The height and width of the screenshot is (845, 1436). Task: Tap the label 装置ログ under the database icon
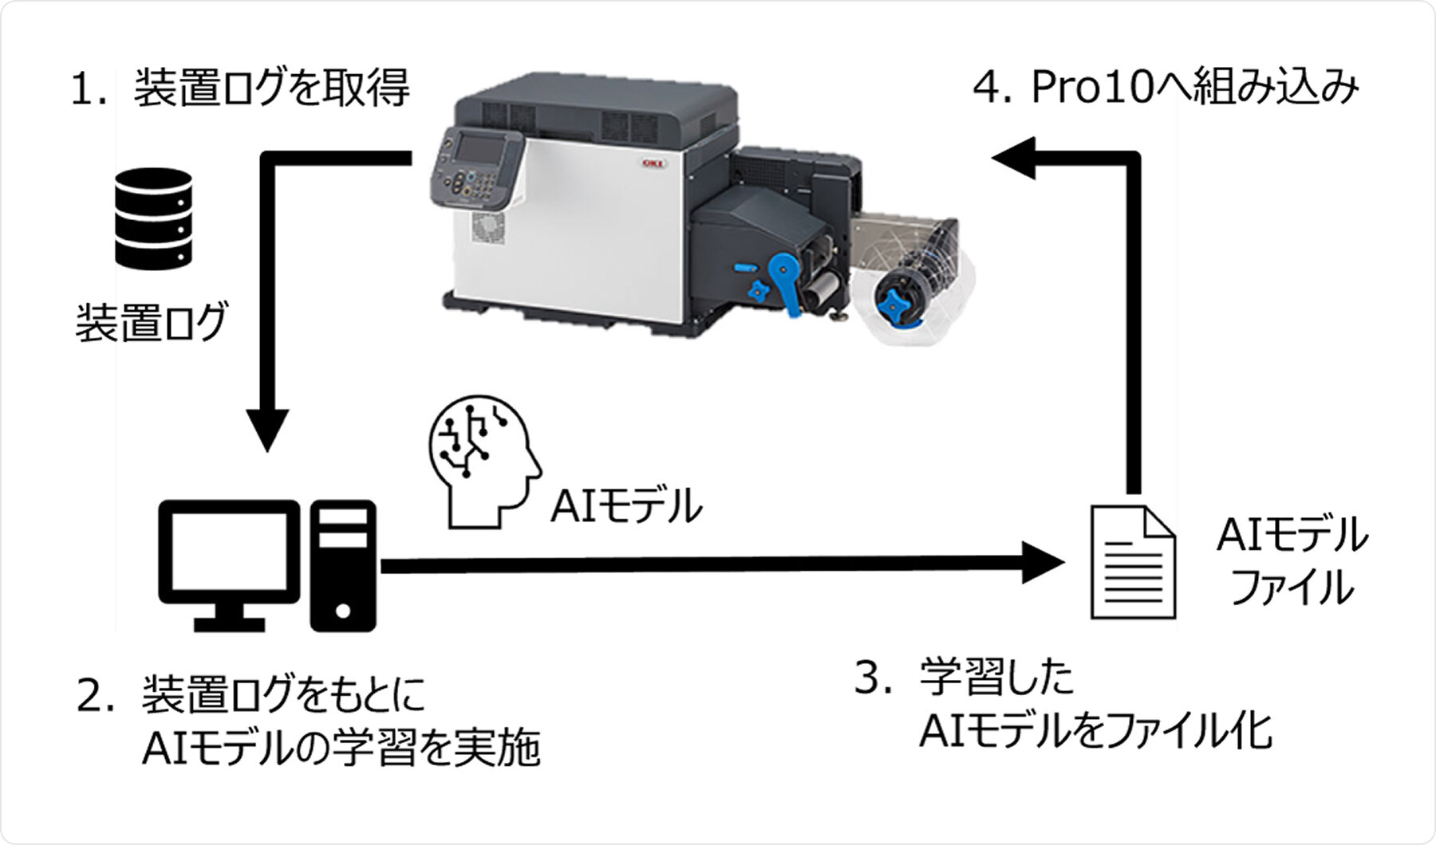(152, 321)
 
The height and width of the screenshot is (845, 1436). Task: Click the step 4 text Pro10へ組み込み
(1166, 87)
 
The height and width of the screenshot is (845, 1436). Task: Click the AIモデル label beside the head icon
(626, 505)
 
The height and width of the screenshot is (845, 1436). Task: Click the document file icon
(1133, 561)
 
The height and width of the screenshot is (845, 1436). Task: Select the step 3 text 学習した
(996, 678)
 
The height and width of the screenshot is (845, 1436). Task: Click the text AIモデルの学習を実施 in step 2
(341, 747)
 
